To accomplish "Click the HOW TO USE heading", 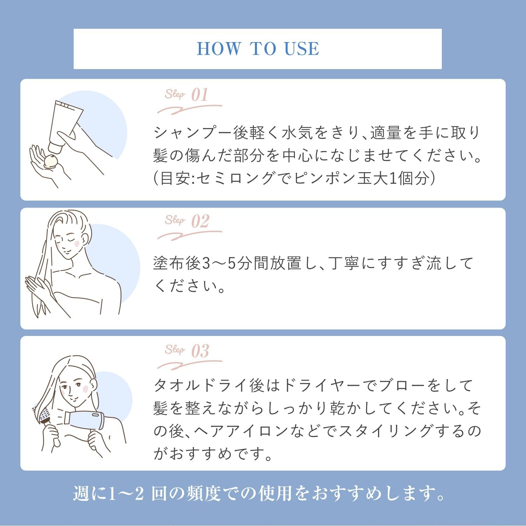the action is [258, 48].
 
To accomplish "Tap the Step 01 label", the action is [187, 95].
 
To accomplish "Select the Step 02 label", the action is [187, 221].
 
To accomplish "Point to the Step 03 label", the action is [187, 350].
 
